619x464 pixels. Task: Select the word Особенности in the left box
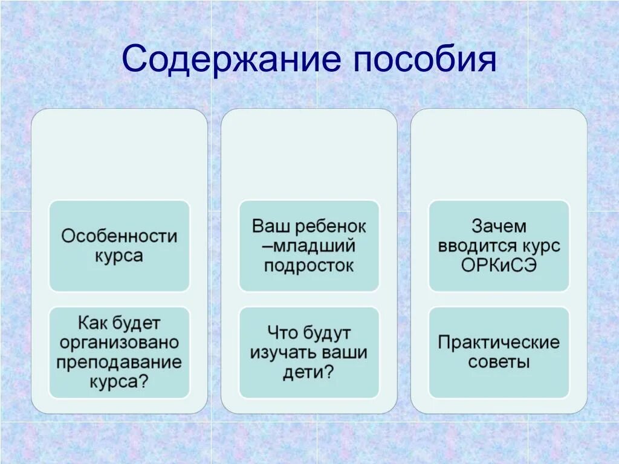[x=119, y=235]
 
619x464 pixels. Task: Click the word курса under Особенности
[x=119, y=255]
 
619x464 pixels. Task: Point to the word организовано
[x=119, y=343]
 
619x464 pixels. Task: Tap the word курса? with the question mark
[x=119, y=382]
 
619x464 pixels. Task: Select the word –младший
[x=309, y=246]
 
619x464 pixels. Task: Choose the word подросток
[x=309, y=266]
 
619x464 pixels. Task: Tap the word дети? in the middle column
[x=309, y=372]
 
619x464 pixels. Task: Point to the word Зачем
[x=499, y=227]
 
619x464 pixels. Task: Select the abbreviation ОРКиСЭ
[x=499, y=266]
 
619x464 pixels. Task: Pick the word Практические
[x=499, y=343]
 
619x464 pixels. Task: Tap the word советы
[x=499, y=362]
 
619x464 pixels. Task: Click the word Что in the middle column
[x=282, y=333]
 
